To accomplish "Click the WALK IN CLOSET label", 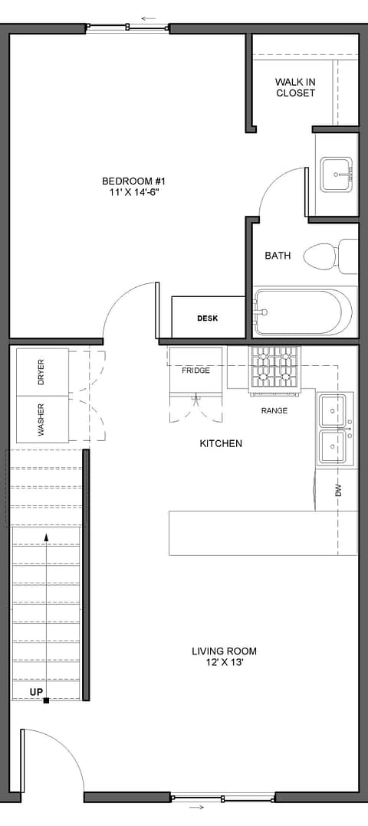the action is (x=295, y=87).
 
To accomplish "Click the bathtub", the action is (x=304, y=312).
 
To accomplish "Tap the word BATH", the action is (x=278, y=256).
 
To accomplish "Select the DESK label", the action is (x=207, y=318).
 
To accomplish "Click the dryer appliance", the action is (x=42, y=372).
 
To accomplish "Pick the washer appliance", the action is (x=42, y=420).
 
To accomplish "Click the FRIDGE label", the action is (x=195, y=371).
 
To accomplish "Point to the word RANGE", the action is (x=274, y=410).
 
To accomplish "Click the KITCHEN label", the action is (x=221, y=443).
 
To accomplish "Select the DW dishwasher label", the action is (x=338, y=491).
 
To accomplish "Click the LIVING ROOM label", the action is (x=224, y=651).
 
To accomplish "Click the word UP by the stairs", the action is (x=37, y=692).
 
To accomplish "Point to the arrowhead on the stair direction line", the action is (x=47, y=537).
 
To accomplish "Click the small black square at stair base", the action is (x=47, y=700).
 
